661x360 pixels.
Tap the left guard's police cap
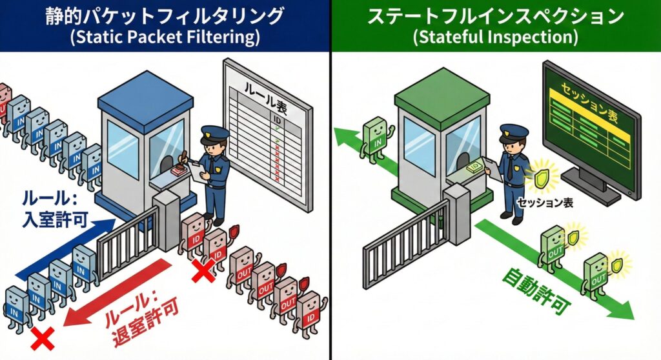tap(214, 134)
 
